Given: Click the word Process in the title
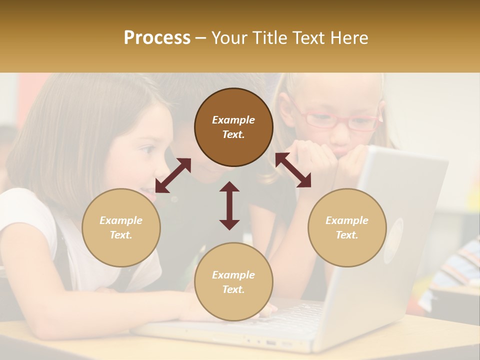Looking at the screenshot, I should [x=157, y=38].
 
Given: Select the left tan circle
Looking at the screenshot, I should [x=121, y=227].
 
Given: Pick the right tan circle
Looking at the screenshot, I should [x=347, y=227].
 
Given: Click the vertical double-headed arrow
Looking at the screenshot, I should [x=229, y=205].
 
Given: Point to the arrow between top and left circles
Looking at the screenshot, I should [x=173, y=175].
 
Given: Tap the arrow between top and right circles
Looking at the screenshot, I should [x=293, y=170].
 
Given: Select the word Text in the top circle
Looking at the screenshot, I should [x=233, y=134].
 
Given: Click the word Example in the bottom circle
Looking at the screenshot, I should [x=233, y=274].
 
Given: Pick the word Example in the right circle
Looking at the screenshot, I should [x=347, y=220].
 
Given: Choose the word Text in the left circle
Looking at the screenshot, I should [x=120, y=235].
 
